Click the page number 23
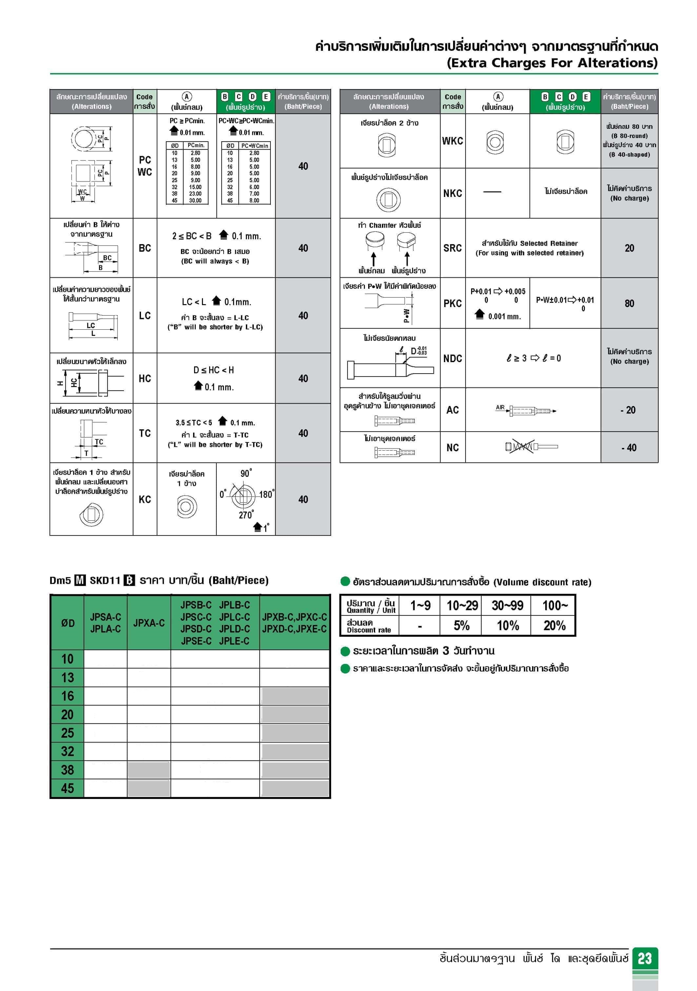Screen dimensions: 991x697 [644, 958]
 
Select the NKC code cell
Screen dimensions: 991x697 [452, 193]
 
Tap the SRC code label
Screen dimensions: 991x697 [452, 248]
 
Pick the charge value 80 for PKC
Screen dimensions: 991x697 [629, 303]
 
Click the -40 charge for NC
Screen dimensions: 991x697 [629, 448]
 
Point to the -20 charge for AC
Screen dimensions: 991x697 [629, 410]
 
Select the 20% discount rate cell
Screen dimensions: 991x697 [554, 625]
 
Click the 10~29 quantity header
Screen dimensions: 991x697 [462, 606]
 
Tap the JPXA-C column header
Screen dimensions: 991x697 [149, 623]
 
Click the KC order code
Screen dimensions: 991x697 [145, 499]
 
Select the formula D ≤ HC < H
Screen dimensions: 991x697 [213, 370]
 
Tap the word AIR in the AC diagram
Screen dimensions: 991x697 [500, 407]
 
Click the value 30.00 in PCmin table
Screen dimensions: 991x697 [195, 200]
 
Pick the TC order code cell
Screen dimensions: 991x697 [145, 433]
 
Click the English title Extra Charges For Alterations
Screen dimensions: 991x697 [551, 63]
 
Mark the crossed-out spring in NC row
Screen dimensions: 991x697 [523, 446]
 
